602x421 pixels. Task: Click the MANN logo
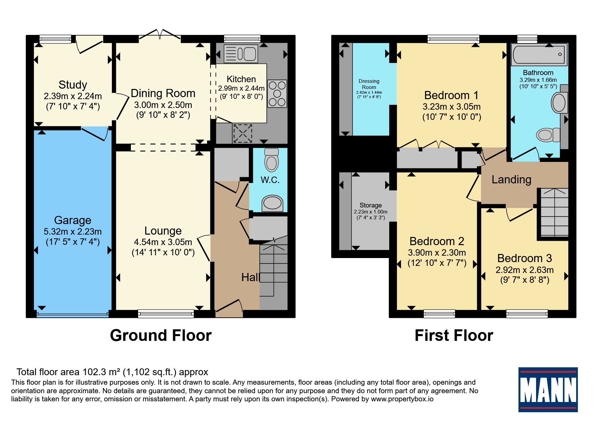point(548,390)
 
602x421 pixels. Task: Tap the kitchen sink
point(241,54)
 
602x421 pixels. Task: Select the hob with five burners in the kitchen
point(277,93)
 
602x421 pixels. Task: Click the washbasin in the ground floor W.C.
point(272,203)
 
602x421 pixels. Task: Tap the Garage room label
point(73,220)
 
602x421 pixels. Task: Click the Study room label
point(73,85)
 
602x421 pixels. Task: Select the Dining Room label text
point(163,93)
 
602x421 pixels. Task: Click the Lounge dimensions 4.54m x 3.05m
point(163,242)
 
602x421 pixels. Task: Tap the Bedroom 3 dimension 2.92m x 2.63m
point(524,270)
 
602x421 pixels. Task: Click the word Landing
point(511,180)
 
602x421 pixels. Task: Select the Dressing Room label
point(369,84)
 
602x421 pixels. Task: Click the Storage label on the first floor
point(371,205)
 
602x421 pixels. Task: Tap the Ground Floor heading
point(161,335)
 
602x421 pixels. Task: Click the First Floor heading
point(454,335)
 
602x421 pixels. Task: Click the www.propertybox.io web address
point(402,399)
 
